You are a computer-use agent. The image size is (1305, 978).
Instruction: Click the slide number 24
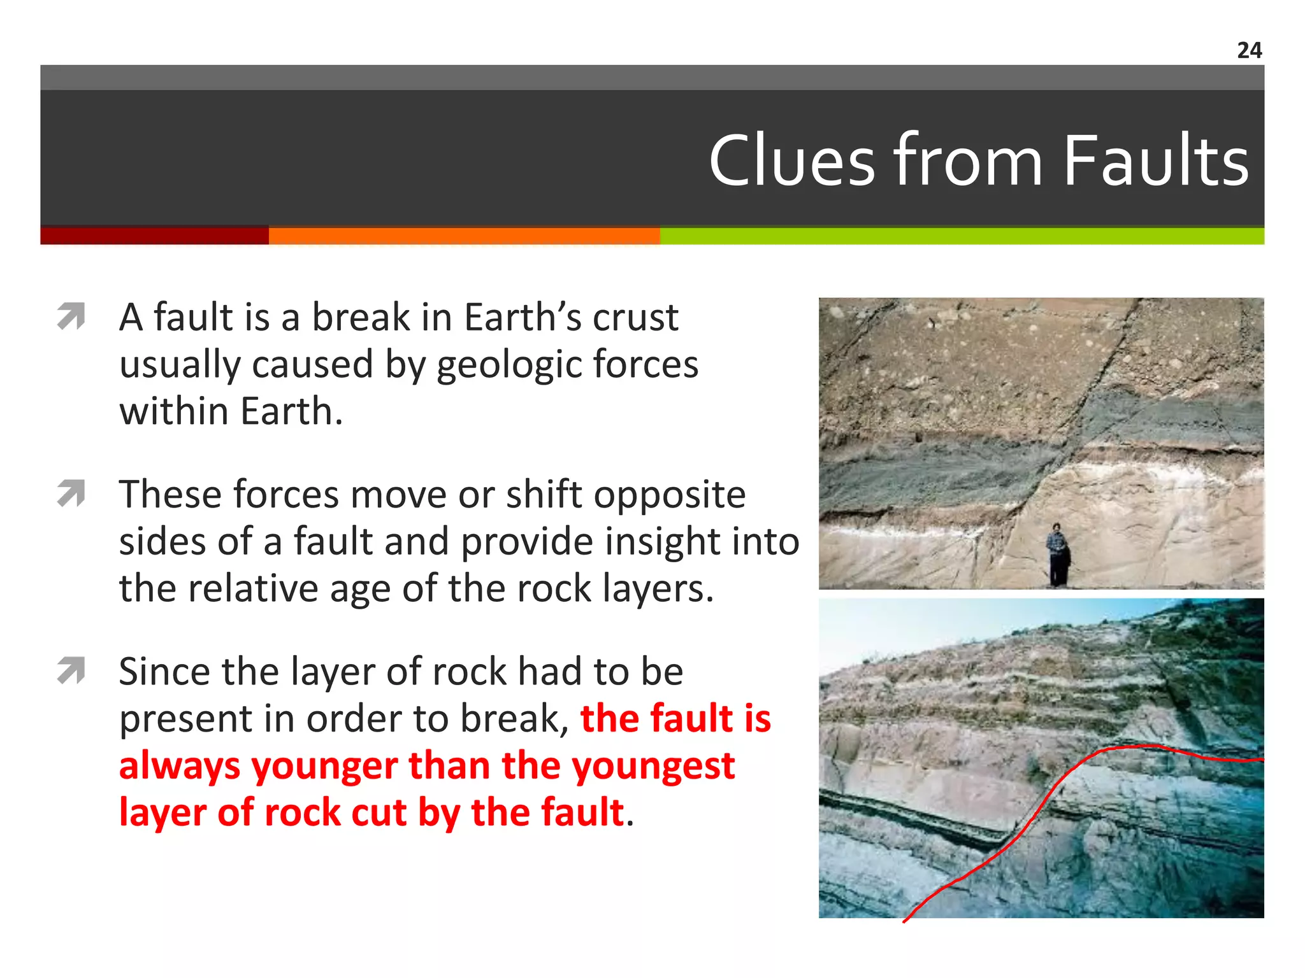point(1249,50)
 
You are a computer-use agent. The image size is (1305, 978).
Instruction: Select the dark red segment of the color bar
point(154,236)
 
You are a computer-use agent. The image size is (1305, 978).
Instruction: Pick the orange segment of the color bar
point(464,236)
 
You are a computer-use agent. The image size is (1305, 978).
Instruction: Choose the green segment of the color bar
point(962,236)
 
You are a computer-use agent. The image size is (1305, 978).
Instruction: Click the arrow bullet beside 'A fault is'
point(71,316)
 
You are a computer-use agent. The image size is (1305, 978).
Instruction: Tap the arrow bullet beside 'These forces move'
point(71,493)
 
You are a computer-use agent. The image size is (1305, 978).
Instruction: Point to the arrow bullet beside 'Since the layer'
point(71,670)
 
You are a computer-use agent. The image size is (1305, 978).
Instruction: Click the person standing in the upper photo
point(1057,554)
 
